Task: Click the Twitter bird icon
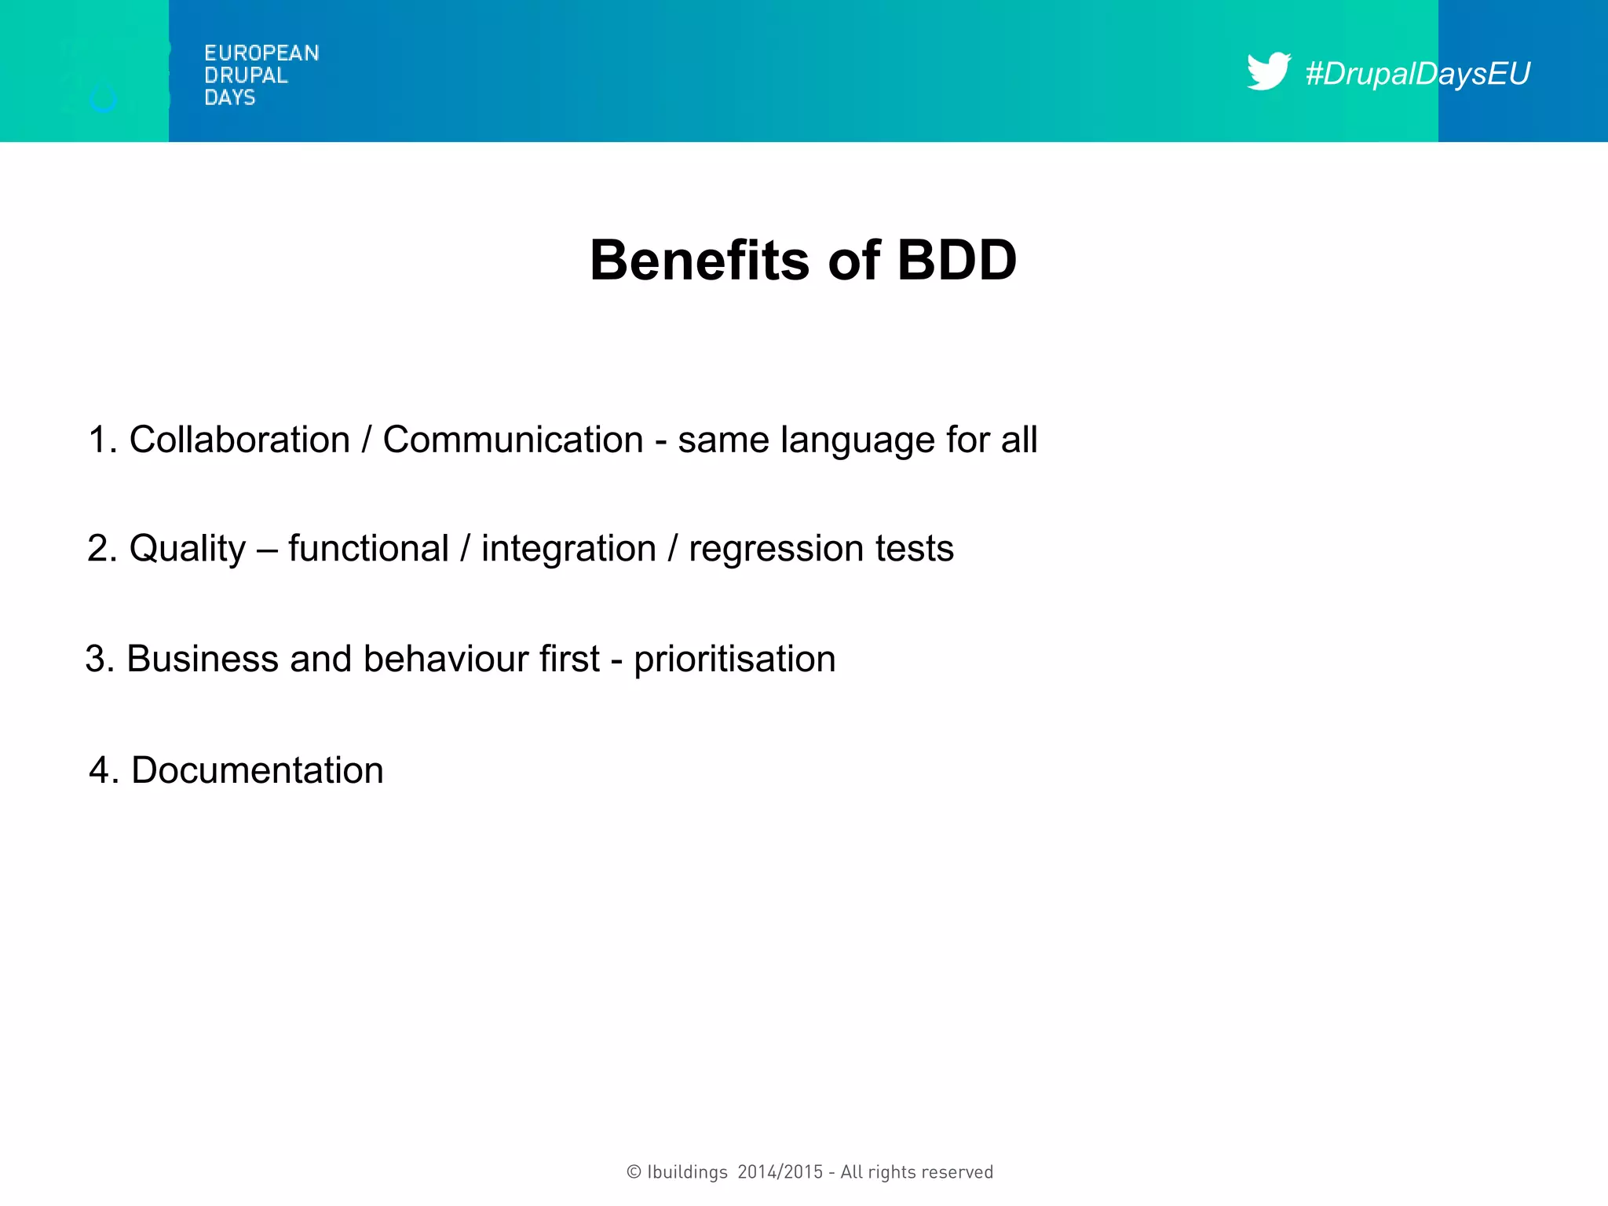pos(1267,71)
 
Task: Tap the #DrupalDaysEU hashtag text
pos(1417,74)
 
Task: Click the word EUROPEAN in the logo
pos(261,53)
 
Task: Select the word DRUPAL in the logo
pos(246,75)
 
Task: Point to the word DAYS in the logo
pos(229,97)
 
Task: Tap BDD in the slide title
pos(956,260)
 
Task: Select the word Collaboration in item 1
pos(239,440)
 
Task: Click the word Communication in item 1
pos(513,440)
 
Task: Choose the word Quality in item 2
pos(187,549)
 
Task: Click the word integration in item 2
pos(568,549)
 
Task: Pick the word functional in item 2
pos(368,548)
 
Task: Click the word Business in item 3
pos(203,659)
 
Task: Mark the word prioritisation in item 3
pos(735,660)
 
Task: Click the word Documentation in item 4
pos(258,770)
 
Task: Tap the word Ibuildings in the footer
pos(687,1172)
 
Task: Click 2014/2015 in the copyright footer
pos(780,1172)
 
